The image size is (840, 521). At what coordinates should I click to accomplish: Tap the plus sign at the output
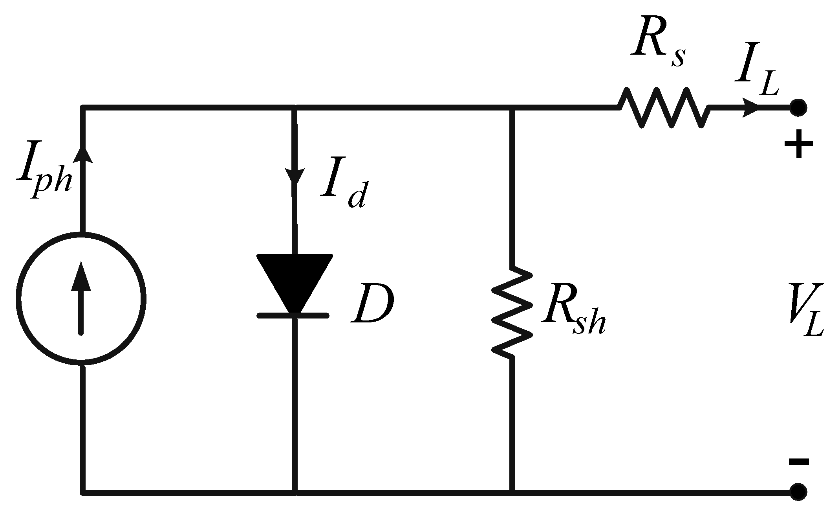point(798,144)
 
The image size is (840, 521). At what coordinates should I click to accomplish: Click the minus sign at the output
point(798,461)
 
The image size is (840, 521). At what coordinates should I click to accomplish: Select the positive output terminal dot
point(798,107)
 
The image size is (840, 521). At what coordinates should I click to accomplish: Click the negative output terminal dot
point(798,492)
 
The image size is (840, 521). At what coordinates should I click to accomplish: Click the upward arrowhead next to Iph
point(82,155)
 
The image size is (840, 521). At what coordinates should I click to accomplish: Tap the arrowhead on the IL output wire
point(750,107)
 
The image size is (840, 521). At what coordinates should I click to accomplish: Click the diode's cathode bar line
point(293,315)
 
